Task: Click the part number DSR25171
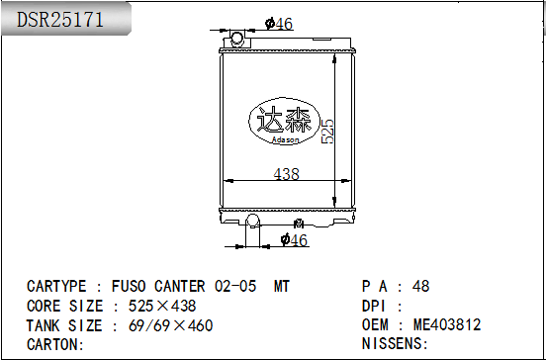click(x=60, y=20)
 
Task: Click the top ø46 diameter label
click(x=279, y=24)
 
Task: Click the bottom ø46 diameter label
click(x=294, y=240)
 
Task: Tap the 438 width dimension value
click(x=286, y=174)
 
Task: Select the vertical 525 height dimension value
click(x=327, y=132)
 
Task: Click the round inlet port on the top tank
click(x=236, y=38)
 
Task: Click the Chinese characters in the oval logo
click(x=284, y=119)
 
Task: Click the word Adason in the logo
click(x=285, y=139)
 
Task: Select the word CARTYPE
click(x=56, y=286)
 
